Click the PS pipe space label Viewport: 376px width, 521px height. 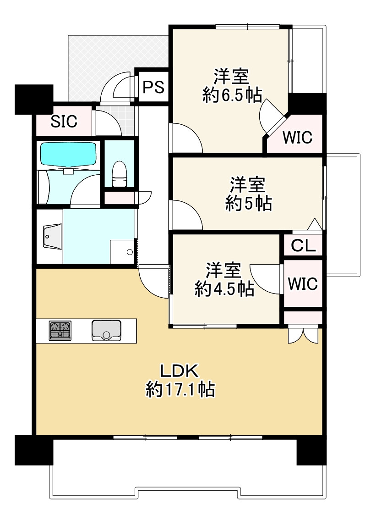pos(153,87)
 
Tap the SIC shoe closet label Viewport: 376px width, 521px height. pos(64,122)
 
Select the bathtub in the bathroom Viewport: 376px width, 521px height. pos(68,155)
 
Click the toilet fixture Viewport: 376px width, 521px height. pos(119,174)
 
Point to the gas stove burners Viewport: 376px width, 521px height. pos(60,330)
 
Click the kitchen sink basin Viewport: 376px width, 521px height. pos(106,330)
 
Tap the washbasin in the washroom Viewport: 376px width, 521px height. pos(50,238)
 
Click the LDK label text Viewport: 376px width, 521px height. pos(178,370)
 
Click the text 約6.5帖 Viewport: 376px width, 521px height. pos(232,95)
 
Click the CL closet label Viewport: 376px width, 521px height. pos(304,246)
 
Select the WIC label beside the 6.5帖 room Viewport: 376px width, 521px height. pos(297,137)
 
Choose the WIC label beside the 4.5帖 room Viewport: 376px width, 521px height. pos(303,284)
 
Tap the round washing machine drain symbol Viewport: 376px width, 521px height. pos(130,252)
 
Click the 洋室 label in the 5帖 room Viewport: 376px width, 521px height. pos(247,185)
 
